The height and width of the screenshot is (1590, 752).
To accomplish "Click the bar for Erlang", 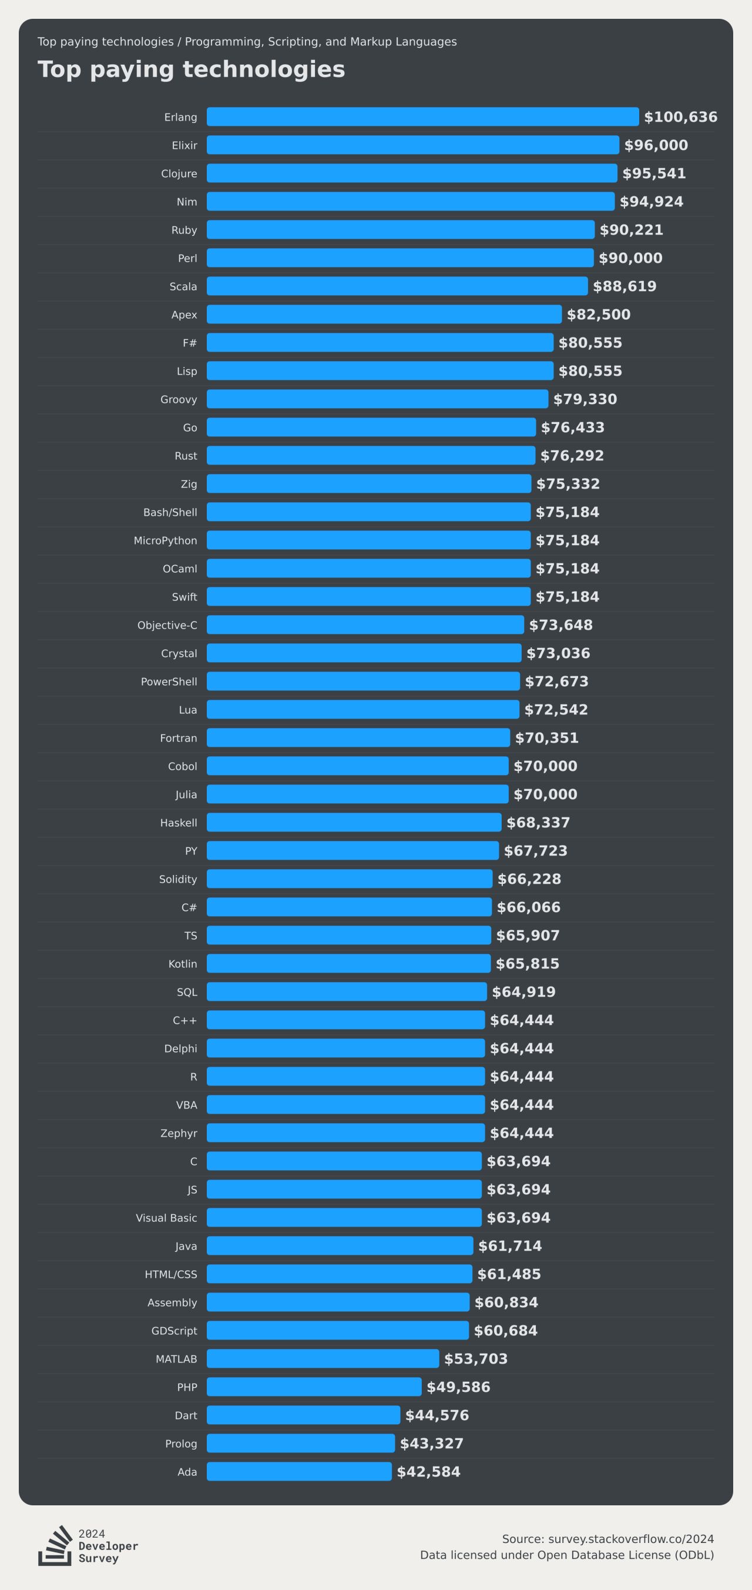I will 422,116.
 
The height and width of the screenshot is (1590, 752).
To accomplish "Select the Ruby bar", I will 400,229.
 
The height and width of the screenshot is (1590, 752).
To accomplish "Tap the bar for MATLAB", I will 323,1358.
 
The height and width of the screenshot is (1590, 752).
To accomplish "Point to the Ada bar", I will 299,1471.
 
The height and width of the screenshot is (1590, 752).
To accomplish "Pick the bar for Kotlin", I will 348,964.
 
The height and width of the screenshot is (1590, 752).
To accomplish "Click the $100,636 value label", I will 680,116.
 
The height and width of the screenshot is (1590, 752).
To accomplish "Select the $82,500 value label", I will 599,314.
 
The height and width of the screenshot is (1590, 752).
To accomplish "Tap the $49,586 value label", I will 458,1387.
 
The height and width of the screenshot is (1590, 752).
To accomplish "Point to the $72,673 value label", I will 556,682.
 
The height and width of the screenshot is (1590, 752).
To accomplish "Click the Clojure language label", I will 179,173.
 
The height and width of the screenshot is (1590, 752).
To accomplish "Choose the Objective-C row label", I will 167,625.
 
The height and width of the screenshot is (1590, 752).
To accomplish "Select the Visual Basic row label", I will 167,1218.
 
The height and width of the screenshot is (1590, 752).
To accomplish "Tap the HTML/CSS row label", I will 171,1274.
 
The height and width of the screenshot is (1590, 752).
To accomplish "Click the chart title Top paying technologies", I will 192,69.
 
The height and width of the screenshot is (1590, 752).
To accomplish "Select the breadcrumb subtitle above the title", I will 247,41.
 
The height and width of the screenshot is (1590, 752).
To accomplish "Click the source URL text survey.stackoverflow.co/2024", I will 630,1539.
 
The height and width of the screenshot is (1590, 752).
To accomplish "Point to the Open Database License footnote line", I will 566,1555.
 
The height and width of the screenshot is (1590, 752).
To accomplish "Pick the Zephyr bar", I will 345,1133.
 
